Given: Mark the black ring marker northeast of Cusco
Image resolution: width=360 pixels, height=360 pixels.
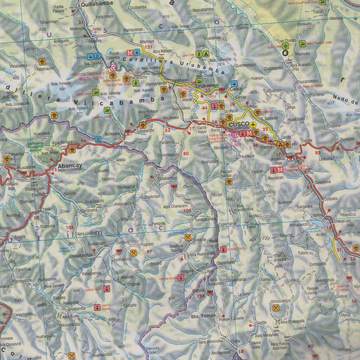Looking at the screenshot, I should (x=285, y=45).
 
